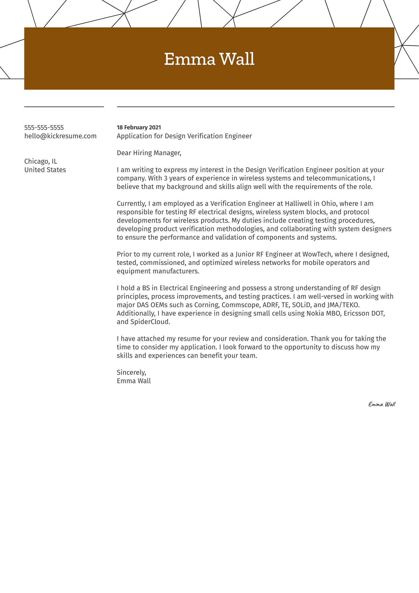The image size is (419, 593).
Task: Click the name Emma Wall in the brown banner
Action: point(209,59)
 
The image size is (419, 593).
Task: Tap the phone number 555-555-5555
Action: point(44,127)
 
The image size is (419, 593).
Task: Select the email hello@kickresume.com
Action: point(61,136)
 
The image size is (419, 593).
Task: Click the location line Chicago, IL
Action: point(41,161)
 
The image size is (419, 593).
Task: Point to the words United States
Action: point(45,170)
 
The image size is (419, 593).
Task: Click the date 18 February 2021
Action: point(139,127)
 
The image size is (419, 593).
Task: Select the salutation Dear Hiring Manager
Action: point(149,153)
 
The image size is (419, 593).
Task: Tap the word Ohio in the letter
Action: point(321,204)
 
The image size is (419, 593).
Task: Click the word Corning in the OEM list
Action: point(206,305)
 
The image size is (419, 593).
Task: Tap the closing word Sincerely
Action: point(131,372)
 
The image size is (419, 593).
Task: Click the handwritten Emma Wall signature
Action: point(382,404)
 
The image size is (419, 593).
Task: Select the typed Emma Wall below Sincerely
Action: point(134,381)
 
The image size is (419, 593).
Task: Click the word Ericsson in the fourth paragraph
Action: point(356,313)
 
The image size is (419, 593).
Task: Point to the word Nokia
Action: point(315,313)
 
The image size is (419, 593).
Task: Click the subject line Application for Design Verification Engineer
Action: point(184,136)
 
